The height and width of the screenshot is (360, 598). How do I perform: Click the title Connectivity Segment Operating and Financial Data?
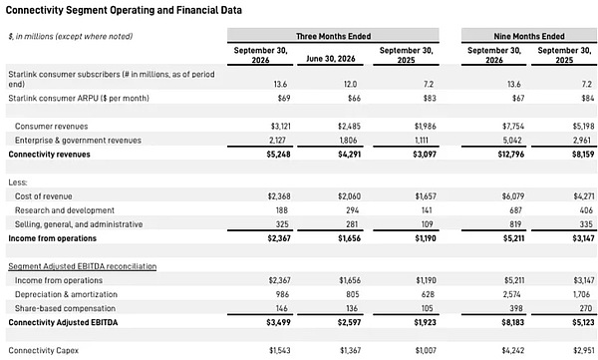124,10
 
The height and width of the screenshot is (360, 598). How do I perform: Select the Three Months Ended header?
333,36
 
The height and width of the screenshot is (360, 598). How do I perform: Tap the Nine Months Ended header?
529,36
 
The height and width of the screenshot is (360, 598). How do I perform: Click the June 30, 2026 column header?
331,59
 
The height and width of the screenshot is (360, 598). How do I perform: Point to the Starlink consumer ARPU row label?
79,98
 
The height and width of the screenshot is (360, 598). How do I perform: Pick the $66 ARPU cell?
354,98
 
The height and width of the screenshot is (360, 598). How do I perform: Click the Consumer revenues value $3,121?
280,126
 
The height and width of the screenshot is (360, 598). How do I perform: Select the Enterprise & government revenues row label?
78,141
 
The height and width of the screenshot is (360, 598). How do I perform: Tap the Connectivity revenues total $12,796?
510,155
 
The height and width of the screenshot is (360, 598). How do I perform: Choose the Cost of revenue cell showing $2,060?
349,196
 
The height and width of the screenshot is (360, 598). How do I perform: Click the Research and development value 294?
352,210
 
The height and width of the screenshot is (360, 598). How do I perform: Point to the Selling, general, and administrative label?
79,224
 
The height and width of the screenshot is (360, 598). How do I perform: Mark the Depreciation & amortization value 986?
282,294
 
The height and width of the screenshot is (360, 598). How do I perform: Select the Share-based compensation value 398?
516,308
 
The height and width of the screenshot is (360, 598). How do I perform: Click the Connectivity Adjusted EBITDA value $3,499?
278,322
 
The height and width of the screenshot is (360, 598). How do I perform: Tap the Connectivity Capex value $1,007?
426,350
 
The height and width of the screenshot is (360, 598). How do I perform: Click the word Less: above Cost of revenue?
18,182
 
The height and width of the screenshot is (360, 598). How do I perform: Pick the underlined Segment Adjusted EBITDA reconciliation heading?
83,266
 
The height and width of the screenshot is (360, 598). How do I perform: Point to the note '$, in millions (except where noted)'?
71,36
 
